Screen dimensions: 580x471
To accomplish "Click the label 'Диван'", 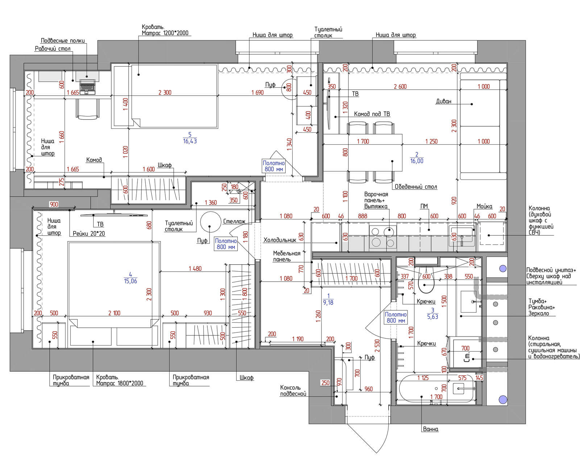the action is click(444, 101).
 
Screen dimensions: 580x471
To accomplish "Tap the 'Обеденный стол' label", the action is click(416, 187).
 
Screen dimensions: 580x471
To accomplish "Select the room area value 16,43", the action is click(190, 141).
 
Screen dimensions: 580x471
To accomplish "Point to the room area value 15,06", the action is click(130, 281).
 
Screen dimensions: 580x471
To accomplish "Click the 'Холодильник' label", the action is click(279, 240).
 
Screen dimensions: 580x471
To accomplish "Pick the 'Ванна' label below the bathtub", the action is click(431, 429).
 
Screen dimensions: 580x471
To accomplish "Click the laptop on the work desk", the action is click(87, 87).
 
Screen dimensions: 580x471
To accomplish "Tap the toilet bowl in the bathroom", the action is click(426, 283).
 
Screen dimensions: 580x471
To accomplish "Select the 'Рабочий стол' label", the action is click(53, 49).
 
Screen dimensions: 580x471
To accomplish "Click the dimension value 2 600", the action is click(400, 87).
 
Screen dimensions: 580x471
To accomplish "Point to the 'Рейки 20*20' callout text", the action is click(89, 234).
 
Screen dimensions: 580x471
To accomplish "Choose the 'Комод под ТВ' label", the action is click(372, 114).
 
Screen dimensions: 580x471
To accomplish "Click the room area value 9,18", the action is click(328, 302).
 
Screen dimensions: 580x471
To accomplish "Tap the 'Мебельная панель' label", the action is click(287, 256).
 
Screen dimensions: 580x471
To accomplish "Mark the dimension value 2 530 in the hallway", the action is click(377, 346).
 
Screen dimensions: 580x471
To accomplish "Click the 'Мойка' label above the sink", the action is click(484, 206).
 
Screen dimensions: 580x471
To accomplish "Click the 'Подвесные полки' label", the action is click(63, 41).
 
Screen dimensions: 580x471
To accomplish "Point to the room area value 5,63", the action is click(433, 317).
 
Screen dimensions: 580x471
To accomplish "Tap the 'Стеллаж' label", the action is click(234, 222).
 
